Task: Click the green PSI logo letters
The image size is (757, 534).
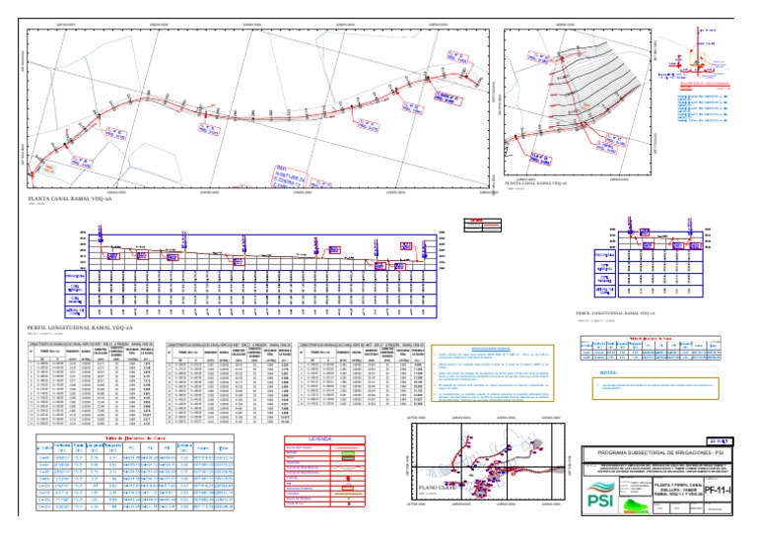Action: click(599, 501)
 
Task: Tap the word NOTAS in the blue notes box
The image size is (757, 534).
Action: click(609, 373)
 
